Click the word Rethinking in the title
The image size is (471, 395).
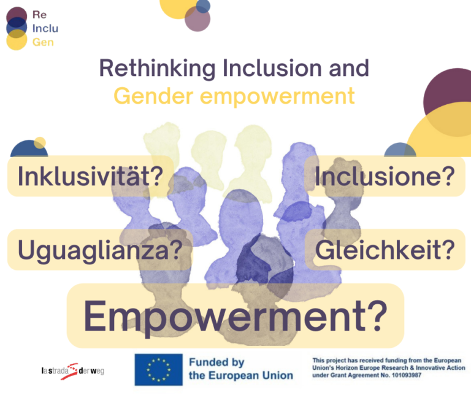(158, 69)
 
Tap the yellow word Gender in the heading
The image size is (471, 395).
(153, 96)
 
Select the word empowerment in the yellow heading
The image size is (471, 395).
(277, 97)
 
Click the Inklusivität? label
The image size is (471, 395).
(90, 176)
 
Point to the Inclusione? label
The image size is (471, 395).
(385, 176)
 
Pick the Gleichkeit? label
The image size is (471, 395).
(385, 250)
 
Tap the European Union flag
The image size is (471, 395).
(159, 369)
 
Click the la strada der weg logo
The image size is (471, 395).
(73, 371)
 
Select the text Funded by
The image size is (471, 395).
(216, 362)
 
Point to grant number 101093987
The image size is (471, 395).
(407, 375)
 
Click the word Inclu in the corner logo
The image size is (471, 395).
(45, 29)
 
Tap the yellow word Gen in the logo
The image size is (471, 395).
(43, 42)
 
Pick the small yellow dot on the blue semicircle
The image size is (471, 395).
(40, 143)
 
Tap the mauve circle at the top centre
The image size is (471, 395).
(197, 18)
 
